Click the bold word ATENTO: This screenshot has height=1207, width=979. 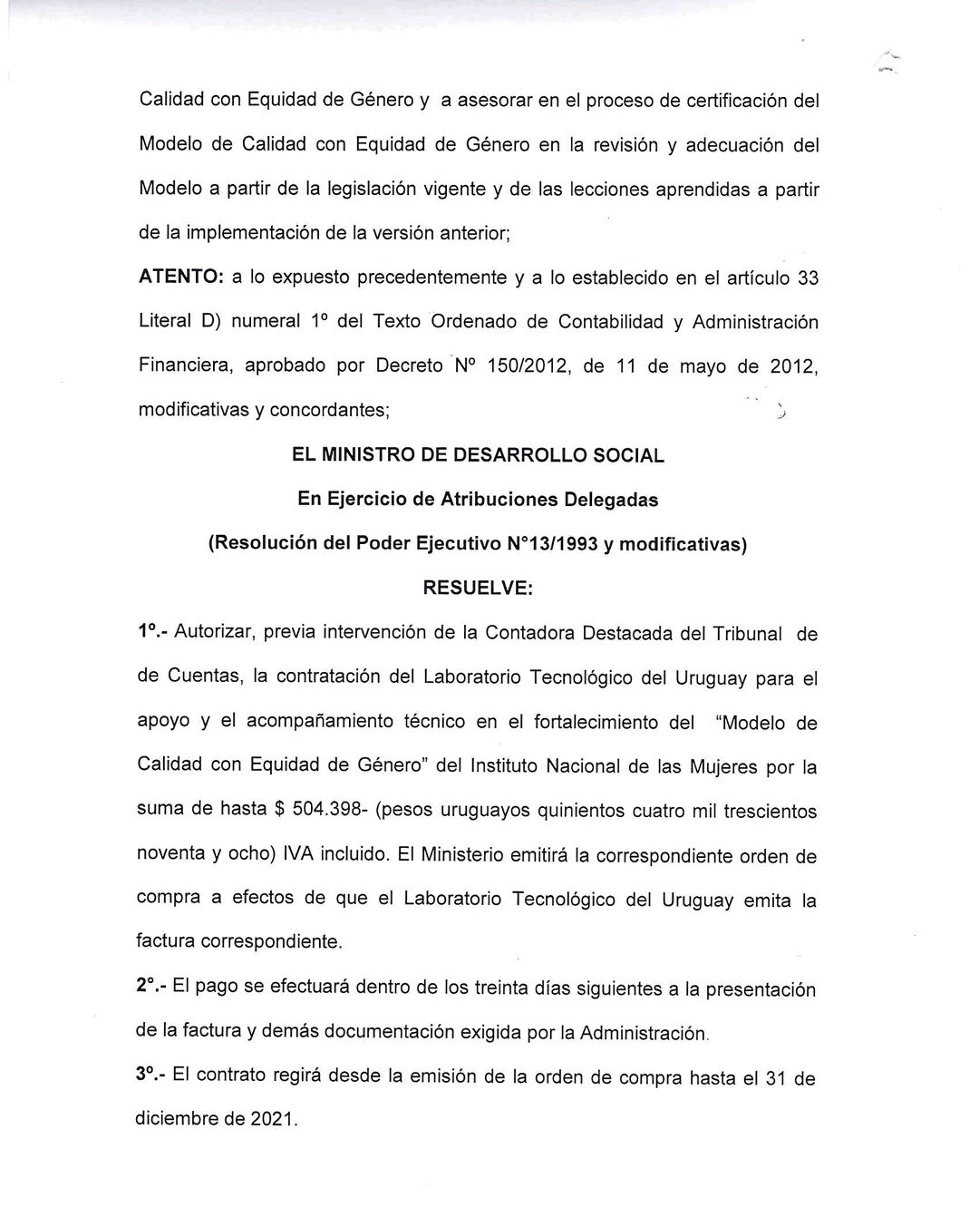(179, 277)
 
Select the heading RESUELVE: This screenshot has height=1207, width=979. (478, 589)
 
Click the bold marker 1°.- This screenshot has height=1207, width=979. (152, 632)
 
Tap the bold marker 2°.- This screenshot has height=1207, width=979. (151, 988)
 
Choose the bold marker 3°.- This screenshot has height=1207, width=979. (151, 1076)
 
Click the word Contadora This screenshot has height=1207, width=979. (528, 633)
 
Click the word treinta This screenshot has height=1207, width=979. (507, 988)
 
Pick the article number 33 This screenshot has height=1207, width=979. (807, 277)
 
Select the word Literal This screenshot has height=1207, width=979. (165, 322)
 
